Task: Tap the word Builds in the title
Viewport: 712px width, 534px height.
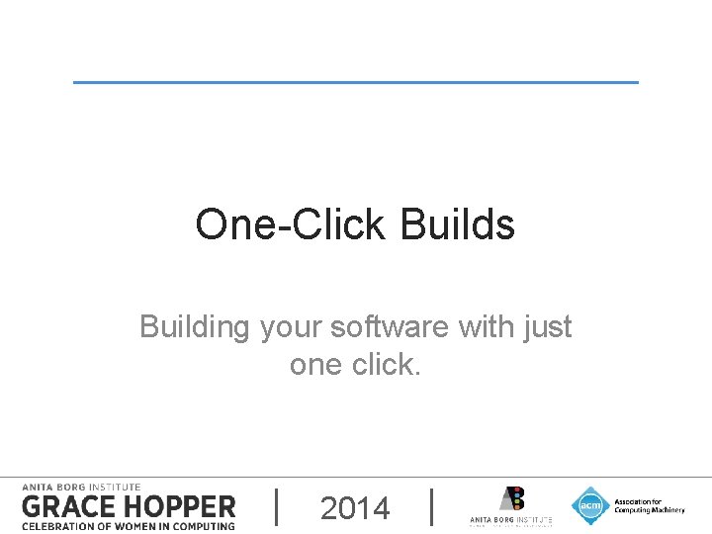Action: (458, 224)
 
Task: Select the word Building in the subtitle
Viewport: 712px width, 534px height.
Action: (195, 326)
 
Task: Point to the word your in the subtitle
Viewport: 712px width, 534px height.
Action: (291, 327)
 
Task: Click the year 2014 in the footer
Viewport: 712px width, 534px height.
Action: (355, 508)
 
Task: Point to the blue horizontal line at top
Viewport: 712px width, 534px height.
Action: (356, 82)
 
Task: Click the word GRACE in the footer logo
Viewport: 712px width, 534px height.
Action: (68, 506)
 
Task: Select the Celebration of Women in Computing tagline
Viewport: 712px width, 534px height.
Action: (129, 525)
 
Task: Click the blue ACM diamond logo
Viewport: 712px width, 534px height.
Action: (590, 505)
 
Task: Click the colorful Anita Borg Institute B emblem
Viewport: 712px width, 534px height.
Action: (511, 498)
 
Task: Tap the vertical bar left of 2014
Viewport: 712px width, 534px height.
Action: (275, 506)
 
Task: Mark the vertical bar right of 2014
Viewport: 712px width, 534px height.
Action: (433, 506)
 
